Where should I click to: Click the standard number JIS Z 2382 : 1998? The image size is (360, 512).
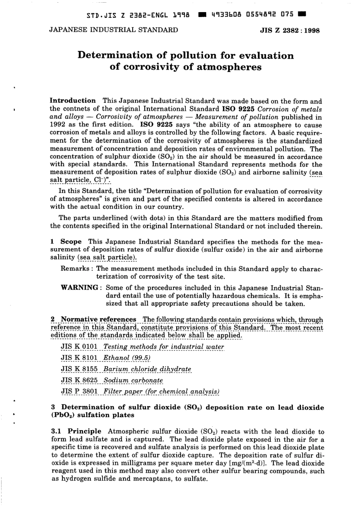pos(290,30)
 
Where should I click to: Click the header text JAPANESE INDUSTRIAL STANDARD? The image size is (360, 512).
pos(114,30)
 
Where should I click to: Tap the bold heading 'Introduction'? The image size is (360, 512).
pos(73,101)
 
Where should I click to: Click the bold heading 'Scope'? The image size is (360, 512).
pos(71,242)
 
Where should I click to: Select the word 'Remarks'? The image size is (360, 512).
pos(75,269)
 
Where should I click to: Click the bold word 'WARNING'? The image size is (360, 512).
pos(79,288)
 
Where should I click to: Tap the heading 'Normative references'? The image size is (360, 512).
pos(99,319)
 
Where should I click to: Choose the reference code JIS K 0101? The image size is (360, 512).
pos(79,347)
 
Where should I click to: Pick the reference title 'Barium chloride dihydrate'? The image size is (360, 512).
pos(147,369)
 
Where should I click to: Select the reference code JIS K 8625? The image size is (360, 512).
pos(79,380)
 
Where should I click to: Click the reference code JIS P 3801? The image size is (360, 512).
pos(79,391)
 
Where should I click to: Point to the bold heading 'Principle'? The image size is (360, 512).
pos(85,431)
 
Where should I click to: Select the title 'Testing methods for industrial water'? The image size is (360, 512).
pos(163,347)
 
